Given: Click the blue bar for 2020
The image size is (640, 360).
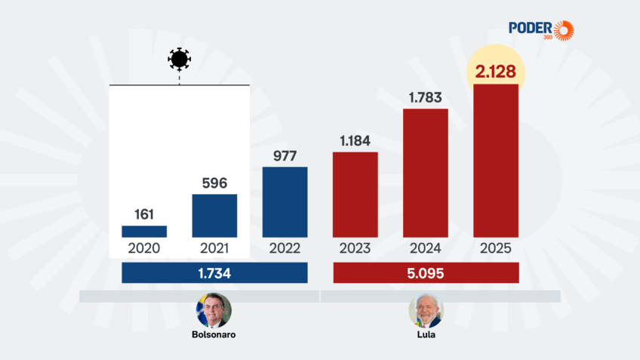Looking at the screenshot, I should click(144, 232).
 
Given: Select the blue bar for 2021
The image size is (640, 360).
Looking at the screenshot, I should click(214, 216).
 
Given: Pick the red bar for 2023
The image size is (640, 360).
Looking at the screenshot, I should click(355, 195).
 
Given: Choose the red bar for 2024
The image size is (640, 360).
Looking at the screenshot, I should click(426, 173).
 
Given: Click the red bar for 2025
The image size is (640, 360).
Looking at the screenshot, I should click(496, 161).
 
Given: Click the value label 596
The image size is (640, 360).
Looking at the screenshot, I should click(214, 182).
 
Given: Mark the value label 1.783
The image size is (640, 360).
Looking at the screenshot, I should click(426, 97).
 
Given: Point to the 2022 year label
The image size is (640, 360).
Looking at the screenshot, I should click(285, 248).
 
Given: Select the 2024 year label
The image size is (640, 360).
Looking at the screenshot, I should click(426, 248).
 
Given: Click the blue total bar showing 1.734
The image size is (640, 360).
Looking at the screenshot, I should click(214, 272).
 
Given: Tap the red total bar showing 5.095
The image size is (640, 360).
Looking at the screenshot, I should click(426, 272).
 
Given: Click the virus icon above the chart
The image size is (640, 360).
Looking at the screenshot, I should click(179, 58).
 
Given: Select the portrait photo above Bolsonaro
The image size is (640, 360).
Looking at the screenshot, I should click(214, 310).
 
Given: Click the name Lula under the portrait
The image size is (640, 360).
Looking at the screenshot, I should click(426, 334).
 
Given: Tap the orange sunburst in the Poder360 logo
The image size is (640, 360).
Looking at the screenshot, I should click(563, 30).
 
